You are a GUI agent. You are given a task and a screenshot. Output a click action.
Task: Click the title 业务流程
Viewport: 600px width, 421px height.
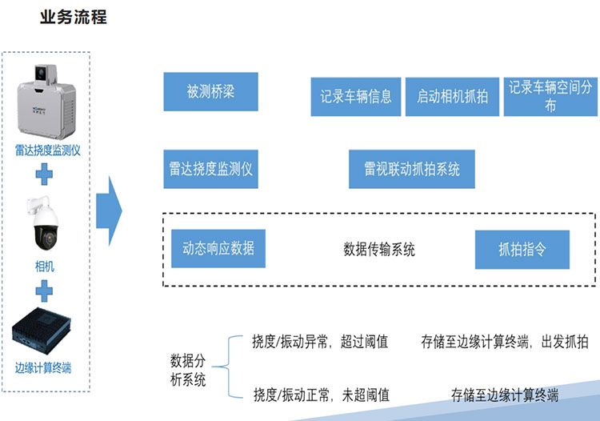73,17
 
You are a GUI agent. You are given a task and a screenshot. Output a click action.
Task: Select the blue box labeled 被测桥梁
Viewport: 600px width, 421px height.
210,91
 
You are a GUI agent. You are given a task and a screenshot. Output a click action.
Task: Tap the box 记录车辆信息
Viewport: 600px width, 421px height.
356,97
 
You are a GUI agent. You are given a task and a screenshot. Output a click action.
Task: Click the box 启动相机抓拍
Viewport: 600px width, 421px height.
452,97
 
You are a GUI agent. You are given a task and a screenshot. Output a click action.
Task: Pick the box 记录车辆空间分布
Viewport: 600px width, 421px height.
550,96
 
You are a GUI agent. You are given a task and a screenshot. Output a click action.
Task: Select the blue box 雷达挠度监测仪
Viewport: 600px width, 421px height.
210,169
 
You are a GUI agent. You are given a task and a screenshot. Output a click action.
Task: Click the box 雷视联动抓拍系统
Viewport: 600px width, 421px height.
412,169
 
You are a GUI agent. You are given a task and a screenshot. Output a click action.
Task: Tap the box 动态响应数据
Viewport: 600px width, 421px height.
218,248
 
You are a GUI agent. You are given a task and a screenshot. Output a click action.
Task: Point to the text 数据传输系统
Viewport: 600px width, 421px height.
379,250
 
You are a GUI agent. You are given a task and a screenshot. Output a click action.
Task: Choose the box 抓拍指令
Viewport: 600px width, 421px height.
522,250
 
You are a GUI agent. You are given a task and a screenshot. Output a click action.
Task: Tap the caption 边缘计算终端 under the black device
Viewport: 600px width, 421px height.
45,368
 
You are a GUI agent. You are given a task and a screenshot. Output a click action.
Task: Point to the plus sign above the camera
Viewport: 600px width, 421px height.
46,171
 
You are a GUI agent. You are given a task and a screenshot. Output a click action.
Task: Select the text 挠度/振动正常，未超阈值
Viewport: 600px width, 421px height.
321,394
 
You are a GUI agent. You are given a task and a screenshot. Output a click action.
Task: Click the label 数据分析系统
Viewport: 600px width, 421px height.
189,368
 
